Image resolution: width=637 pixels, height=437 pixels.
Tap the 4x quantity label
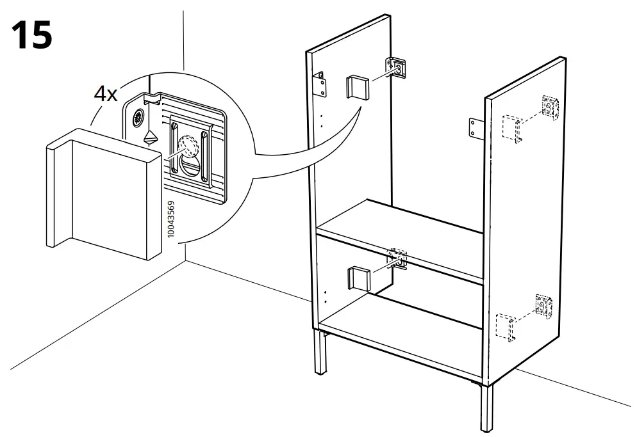(x=106, y=94)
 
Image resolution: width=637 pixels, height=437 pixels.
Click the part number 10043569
(x=170, y=219)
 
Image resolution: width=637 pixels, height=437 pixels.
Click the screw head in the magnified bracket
(x=138, y=118)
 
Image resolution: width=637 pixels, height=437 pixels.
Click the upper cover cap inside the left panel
(x=356, y=87)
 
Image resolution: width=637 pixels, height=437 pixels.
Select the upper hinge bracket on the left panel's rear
(x=395, y=67)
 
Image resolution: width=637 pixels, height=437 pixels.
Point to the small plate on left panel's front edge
(x=319, y=83)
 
